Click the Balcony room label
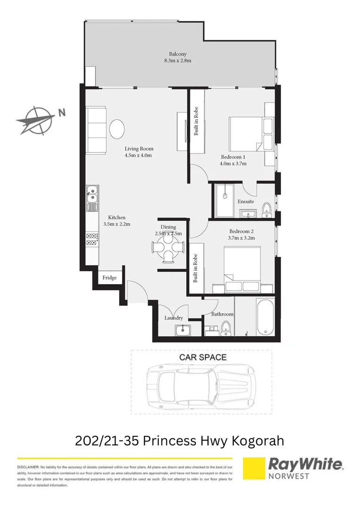[x=177, y=54]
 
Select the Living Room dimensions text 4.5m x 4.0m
[x=139, y=156]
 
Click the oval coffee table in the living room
[x=117, y=128]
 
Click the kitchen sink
[x=92, y=198]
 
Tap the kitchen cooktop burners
[x=91, y=239]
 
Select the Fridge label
[x=110, y=278]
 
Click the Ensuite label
[x=245, y=201]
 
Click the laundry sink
[x=182, y=330]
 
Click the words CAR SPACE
[x=203, y=357]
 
